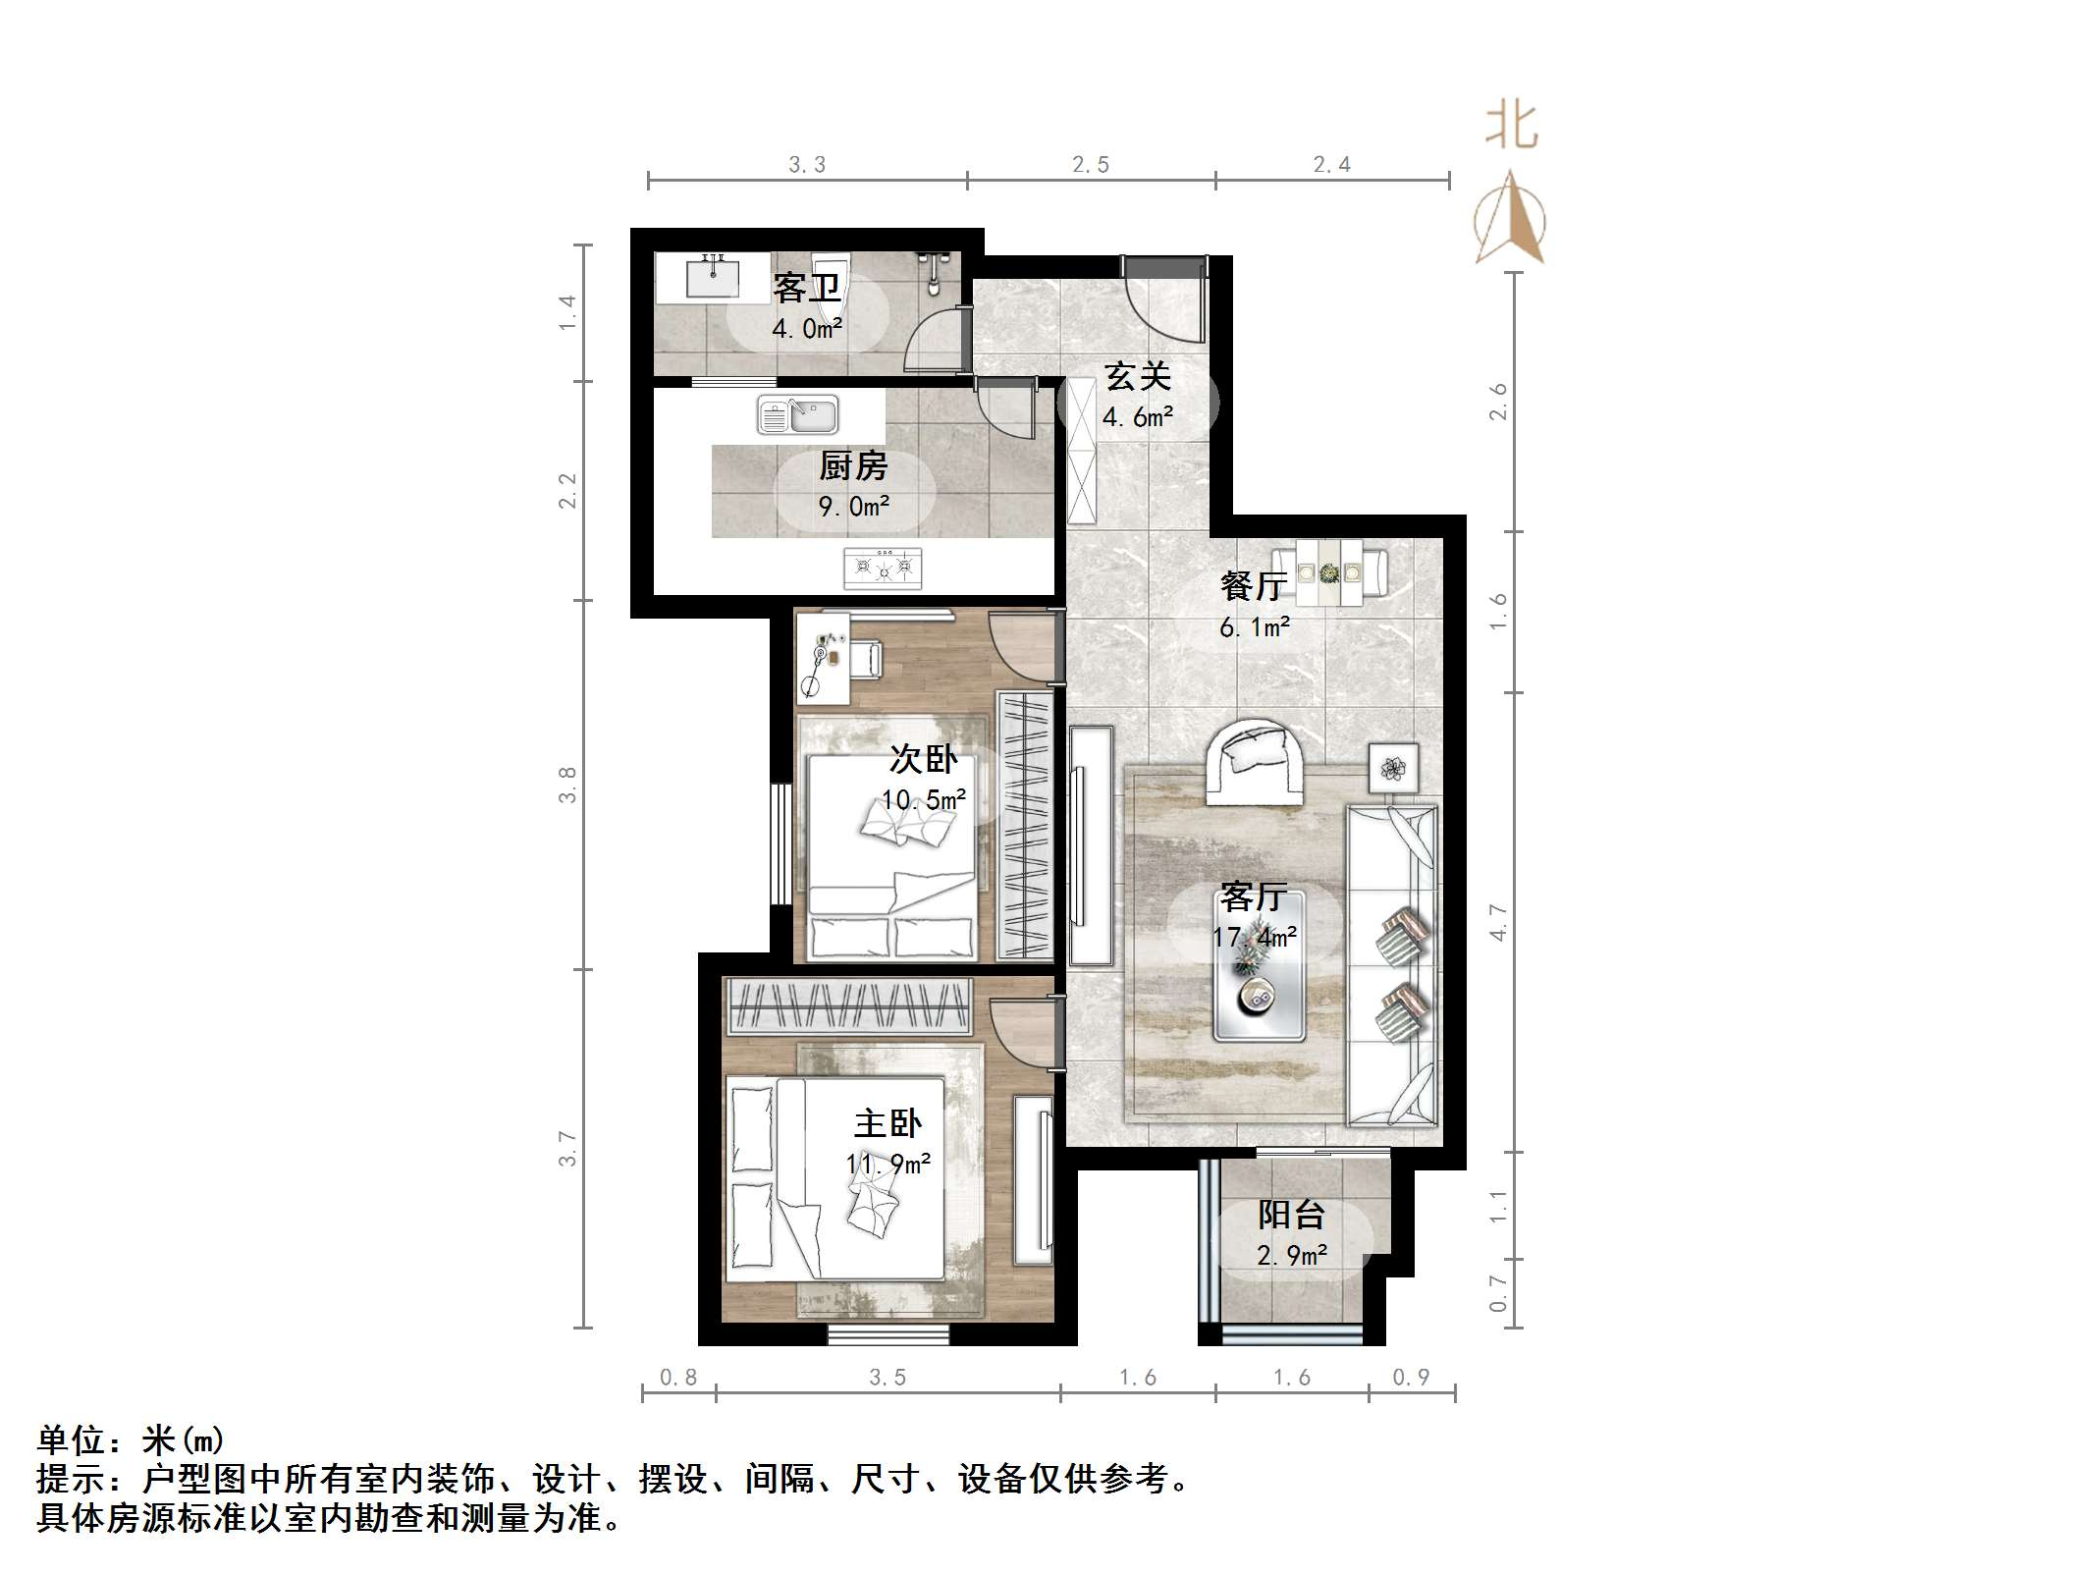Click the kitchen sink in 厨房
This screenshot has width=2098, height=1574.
(797, 415)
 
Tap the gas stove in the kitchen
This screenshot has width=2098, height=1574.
(883, 568)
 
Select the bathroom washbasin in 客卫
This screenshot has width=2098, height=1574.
(712, 277)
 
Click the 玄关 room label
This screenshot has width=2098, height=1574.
(1138, 377)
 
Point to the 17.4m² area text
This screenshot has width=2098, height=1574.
(1254, 937)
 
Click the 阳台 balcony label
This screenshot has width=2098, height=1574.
(1291, 1215)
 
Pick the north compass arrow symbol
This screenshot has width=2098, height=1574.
(1510, 221)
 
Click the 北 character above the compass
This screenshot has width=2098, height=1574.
(1511, 128)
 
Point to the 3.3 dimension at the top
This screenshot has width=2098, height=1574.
(807, 165)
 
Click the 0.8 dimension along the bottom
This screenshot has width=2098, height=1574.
(678, 1378)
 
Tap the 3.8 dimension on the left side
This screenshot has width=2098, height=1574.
(568, 786)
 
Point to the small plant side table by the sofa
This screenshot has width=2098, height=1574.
(1393, 767)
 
